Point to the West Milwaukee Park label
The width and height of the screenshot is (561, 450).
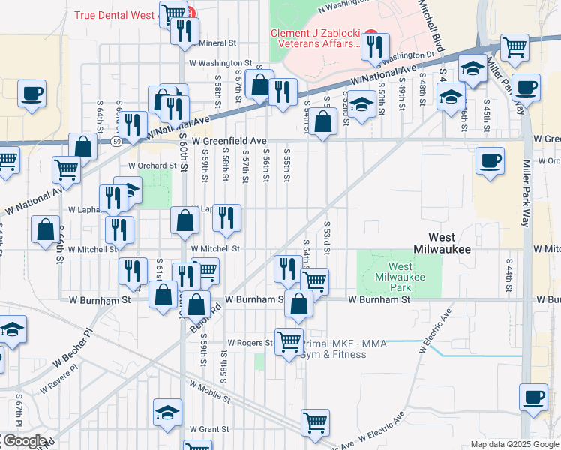tap(400, 277)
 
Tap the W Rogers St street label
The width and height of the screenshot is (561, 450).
tap(250, 343)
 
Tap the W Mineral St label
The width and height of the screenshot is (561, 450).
tap(214, 43)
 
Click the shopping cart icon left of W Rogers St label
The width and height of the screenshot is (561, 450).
tap(289, 340)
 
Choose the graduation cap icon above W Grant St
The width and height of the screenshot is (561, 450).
tap(167, 411)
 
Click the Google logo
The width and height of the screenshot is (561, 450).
tap(24, 441)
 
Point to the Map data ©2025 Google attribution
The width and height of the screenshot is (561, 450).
tap(514, 444)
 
